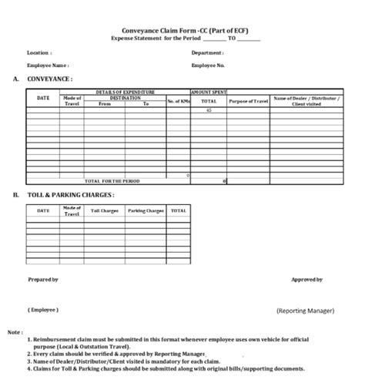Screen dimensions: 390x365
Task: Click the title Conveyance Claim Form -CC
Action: pyautogui.click(x=186, y=30)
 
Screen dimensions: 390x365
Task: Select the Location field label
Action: pyautogui.click(x=39, y=53)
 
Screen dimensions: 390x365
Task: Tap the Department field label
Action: pyautogui.click(x=207, y=53)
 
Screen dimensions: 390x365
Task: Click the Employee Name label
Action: pyautogui.click(x=48, y=66)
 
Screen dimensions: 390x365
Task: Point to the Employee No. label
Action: pyautogui.click(x=209, y=66)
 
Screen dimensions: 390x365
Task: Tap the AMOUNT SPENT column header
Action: pyautogui.click(x=208, y=92)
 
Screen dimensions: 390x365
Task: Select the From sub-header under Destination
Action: pyautogui.click(x=105, y=104)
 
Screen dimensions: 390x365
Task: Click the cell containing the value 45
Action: pyautogui.click(x=208, y=112)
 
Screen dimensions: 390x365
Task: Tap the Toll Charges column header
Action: pyautogui.click(x=105, y=210)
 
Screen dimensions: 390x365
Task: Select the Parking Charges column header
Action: pyautogui.click(x=146, y=210)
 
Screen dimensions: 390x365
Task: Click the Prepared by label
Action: pyautogui.click(x=43, y=280)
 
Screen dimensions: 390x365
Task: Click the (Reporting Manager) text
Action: pyautogui.click(x=305, y=311)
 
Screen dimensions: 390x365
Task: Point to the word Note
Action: pyautogui.click(x=15, y=332)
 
